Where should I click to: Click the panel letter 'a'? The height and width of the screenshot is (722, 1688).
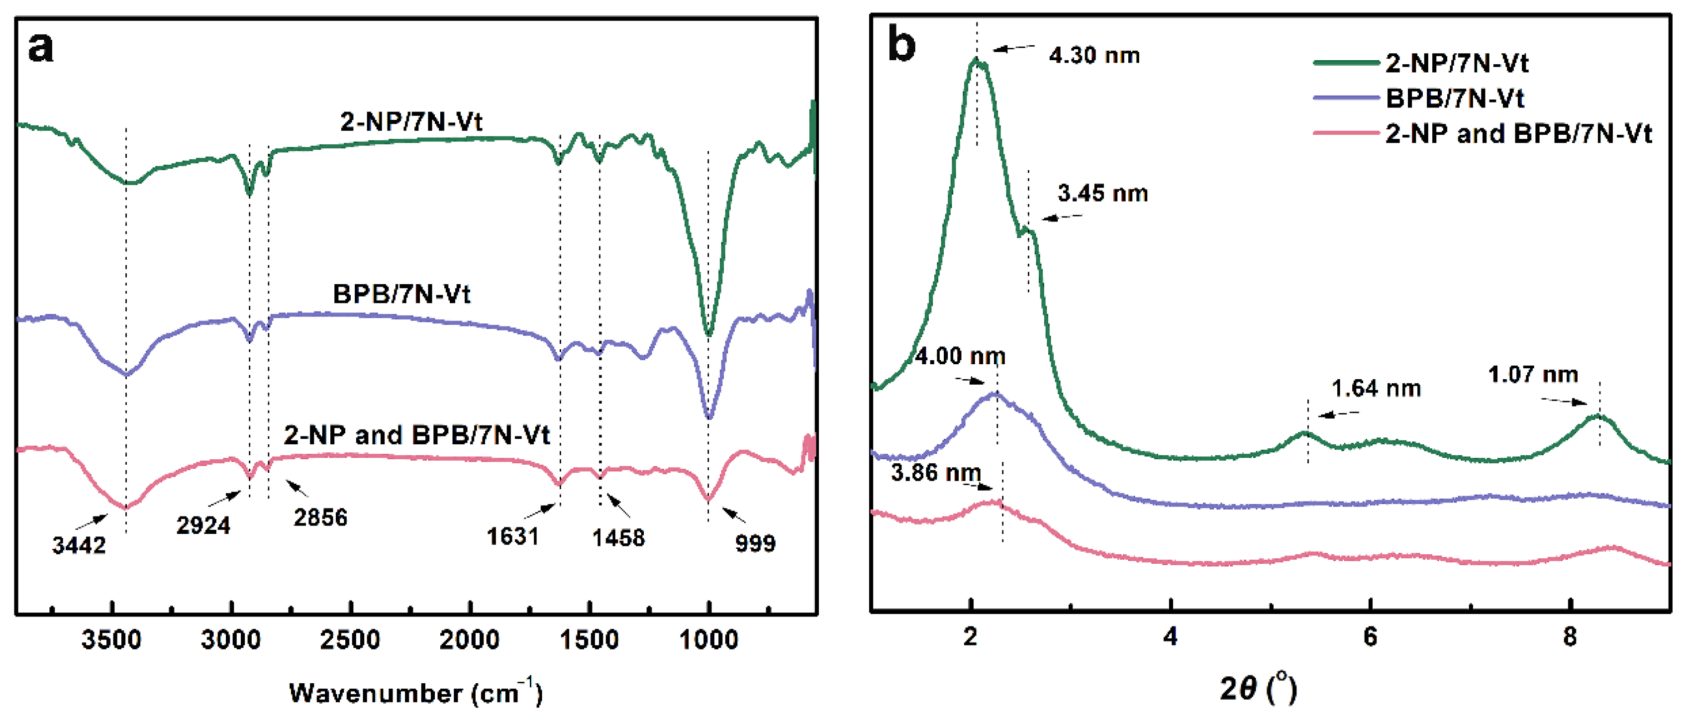pos(41,48)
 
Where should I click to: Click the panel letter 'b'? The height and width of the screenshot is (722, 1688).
pos(901,46)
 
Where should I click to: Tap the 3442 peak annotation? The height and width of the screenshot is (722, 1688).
pos(79,545)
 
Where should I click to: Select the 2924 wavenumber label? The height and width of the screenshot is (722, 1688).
pos(203,525)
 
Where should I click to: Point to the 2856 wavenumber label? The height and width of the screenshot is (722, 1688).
pos(320,517)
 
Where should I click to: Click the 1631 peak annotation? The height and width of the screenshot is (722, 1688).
pos(512,536)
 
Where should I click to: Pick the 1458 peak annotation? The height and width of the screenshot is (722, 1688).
pos(618,538)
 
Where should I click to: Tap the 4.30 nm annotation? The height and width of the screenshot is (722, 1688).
pos(1094,56)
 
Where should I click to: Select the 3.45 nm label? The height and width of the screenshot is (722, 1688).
pos(1103,194)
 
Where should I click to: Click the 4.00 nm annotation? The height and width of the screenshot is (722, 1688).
pos(960,356)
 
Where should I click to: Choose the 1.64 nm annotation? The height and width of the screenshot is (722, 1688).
pos(1376,389)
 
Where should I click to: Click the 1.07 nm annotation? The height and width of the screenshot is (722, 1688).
pos(1533,375)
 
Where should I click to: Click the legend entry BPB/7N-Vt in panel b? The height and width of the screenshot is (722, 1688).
pos(1455,99)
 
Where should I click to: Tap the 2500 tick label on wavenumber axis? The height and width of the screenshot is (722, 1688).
pos(350,639)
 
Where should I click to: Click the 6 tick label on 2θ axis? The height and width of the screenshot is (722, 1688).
pos(1370,637)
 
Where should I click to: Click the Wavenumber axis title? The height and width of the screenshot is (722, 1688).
pos(415,693)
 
